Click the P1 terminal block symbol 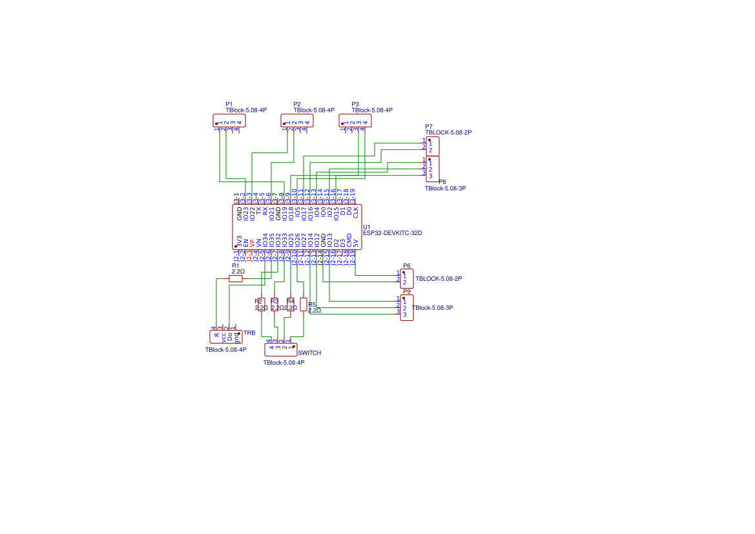(229, 121)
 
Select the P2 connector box (297, 121)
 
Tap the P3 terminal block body (355, 121)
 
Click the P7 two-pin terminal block (433, 147)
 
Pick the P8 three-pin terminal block (433, 169)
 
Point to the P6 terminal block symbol (407, 279)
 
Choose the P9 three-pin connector (407, 308)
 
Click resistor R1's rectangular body (236, 279)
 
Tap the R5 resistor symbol (304, 305)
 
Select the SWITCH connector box (281, 350)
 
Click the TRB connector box (226, 336)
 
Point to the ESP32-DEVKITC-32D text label (392, 233)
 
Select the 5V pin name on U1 (356, 243)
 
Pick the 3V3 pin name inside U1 (240, 242)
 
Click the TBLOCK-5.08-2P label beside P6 (439, 279)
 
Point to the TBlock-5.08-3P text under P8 (445, 189)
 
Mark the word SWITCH (310, 353)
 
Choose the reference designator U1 (367, 227)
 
